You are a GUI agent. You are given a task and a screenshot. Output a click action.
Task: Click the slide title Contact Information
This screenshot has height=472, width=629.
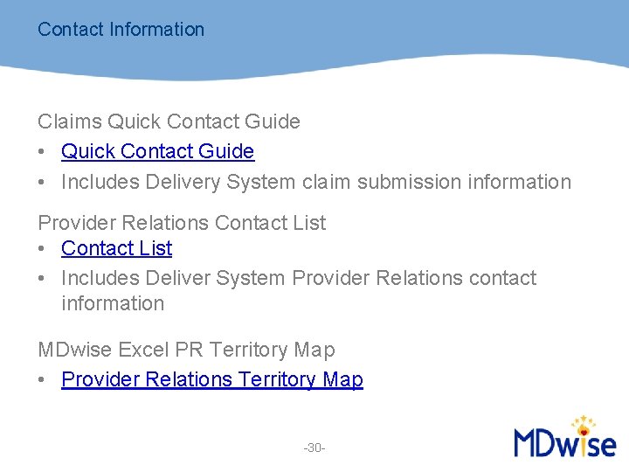tap(121, 29)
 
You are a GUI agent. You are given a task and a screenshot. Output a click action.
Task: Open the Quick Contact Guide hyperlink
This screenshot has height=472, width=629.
tap(157, 151)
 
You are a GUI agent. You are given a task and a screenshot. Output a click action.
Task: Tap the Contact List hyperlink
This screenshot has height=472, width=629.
tap(116, 248)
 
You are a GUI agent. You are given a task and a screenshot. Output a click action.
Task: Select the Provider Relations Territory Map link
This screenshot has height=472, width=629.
tap(211, 379)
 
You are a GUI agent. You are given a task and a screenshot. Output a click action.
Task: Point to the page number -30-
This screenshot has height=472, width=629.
tap(314, 448)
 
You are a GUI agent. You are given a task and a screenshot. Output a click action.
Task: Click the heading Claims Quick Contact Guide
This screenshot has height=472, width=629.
tap(169, 121)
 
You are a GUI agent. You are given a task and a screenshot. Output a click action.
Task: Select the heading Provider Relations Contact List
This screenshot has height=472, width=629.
tap(182, 223)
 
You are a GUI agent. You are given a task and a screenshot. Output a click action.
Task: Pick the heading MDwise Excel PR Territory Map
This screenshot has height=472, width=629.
tap(186, 350)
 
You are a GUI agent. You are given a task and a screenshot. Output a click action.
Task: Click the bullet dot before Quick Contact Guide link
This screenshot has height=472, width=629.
tap(42, 152)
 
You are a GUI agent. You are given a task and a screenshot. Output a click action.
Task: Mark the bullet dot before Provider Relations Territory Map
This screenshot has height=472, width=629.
tap(42, 380)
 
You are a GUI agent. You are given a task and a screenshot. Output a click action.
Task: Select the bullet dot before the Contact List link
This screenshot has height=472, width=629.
tap(42, 249)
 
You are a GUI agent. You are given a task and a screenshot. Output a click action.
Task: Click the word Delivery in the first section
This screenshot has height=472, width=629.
tap(184, 182)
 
